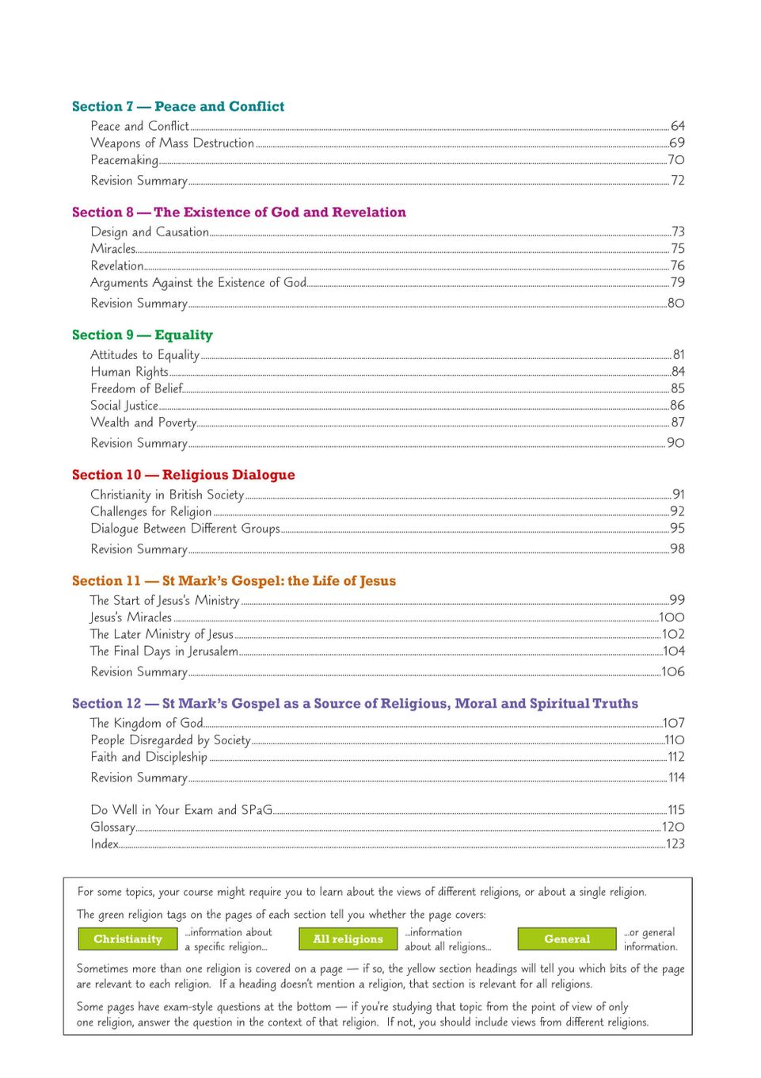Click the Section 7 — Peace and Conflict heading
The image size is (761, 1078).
pos(178,106)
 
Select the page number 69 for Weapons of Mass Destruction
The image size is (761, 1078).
pos(676,143)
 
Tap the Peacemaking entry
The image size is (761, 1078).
pos(124,160)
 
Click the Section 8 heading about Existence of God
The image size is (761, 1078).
pos(238,212)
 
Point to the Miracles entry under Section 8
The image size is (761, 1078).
pos(113,249)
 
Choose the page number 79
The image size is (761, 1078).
pos(677,282)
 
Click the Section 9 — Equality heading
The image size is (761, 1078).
pos(143,335)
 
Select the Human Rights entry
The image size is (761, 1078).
pos(129,372)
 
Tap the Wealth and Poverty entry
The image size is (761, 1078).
pos(143,422)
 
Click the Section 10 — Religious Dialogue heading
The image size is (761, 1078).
pos(183,475)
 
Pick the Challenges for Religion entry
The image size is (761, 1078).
pos(150,512)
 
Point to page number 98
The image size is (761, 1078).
pos(677,549)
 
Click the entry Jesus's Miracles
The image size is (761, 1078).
pos(131,617)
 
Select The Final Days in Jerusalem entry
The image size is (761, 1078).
pos(164,652)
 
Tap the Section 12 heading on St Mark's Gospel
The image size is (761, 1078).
pos(355,704)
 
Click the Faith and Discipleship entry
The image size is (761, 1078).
pos(149,757)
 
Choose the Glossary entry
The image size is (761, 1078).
pos(112,828)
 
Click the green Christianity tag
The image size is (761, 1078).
pos(127,939)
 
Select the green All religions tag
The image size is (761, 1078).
pos(348,939)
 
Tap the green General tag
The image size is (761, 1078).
pos(567,939)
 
